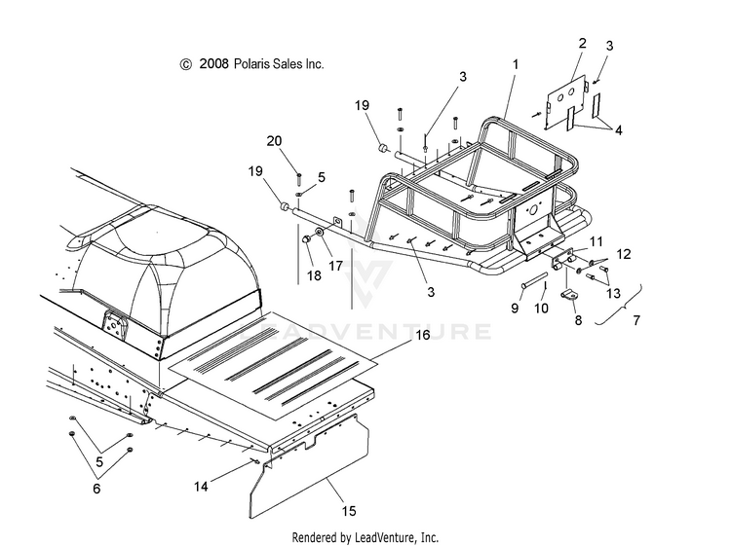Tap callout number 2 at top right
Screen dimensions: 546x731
[582, 43]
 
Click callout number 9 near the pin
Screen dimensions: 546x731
[516, 308]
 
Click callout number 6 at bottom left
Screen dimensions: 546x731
[96, 490]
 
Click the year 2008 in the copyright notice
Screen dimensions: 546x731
[212, 64]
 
